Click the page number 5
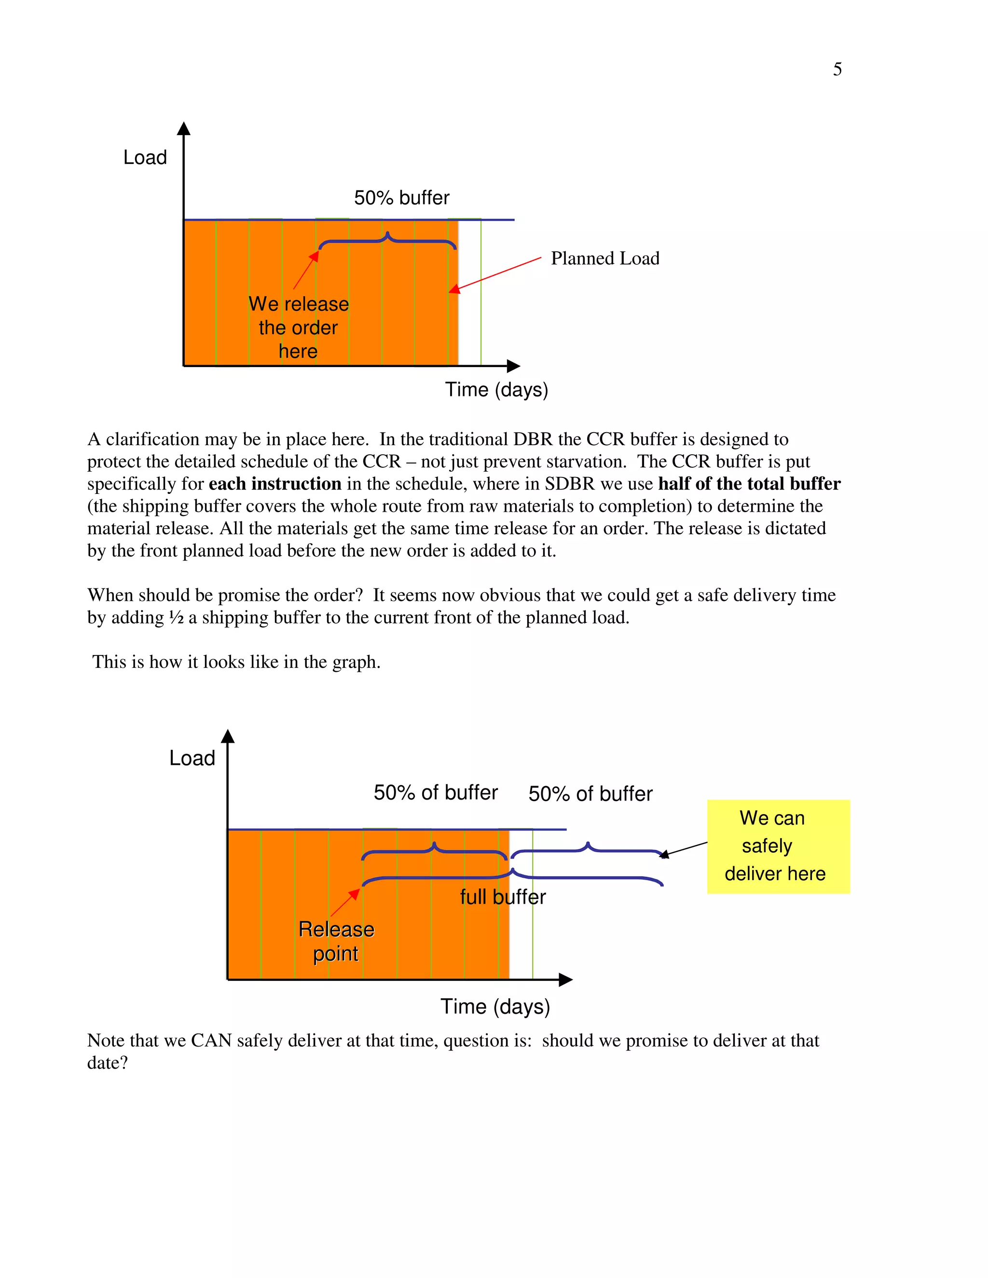tap(837, 69)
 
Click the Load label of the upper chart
tap(145, 157)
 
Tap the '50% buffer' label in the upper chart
tap(401, 198)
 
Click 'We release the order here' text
tap(299, 327)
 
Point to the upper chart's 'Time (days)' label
tap(496, 390)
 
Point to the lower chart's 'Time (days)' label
tap(495, 1006)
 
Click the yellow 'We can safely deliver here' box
tap(778, 846)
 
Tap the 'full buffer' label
tap(502, 897)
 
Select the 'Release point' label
tap(336, 941)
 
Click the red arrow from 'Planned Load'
tap(495, 273)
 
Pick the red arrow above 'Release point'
tap(345, 902)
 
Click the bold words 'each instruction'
tap(274, 484)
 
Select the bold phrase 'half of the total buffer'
tap(749, 484)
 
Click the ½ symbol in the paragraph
tap(176, 617)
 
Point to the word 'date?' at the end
tap(107, 1062)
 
